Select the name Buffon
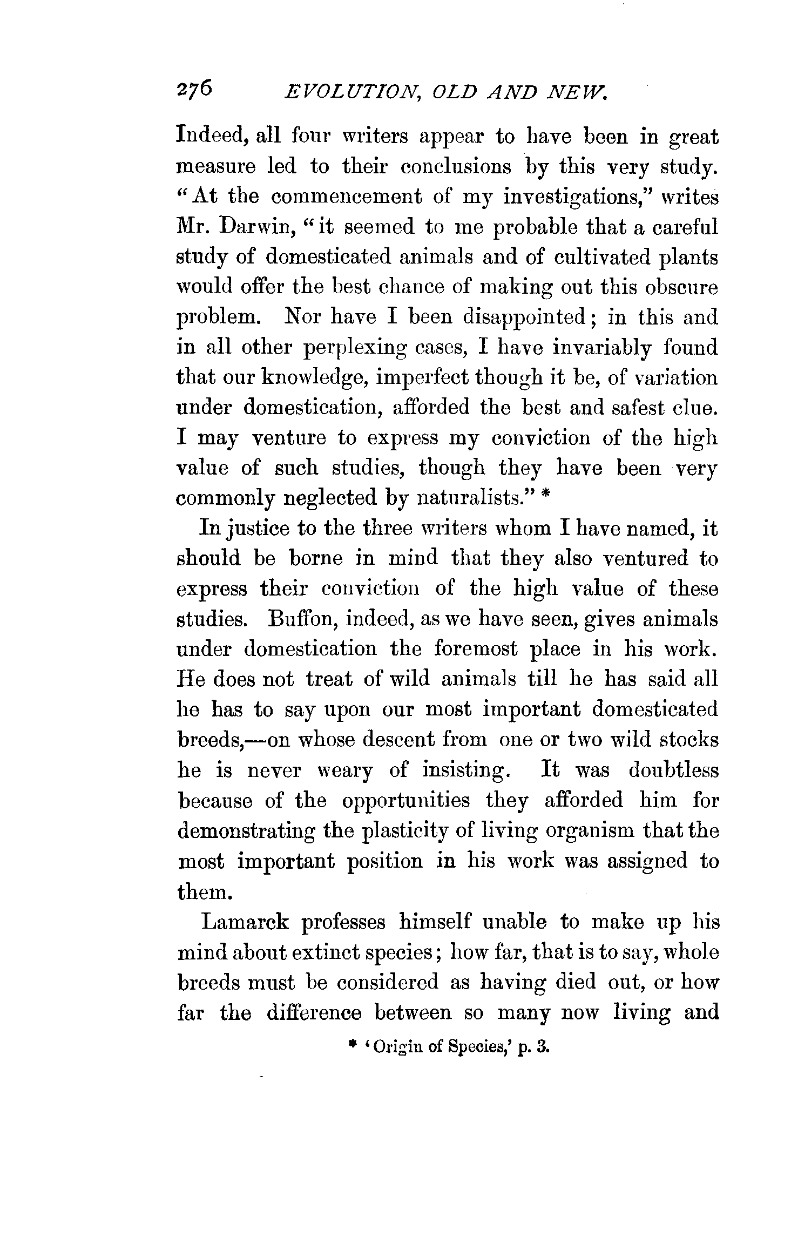(300, 618)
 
